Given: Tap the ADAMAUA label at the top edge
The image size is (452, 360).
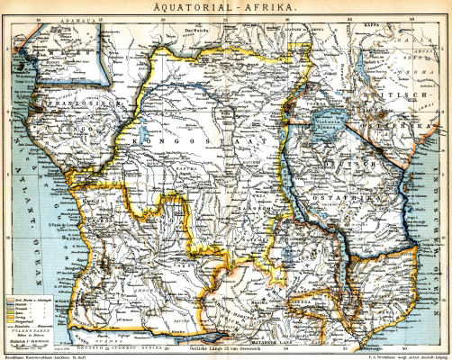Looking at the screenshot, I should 51,16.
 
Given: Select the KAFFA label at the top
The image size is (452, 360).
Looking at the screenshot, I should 385,16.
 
